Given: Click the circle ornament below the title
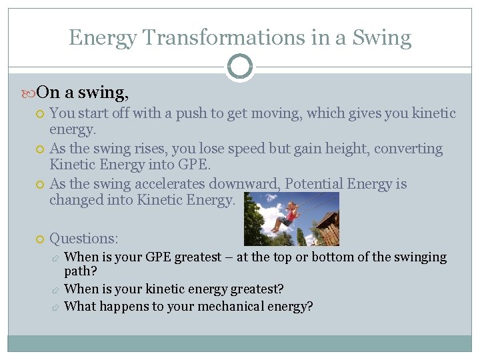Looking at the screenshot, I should (239, 67).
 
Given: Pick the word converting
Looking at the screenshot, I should (408, 149).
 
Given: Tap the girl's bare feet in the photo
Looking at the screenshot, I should (273, 229).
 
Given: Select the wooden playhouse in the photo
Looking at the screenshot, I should (327, 229).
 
